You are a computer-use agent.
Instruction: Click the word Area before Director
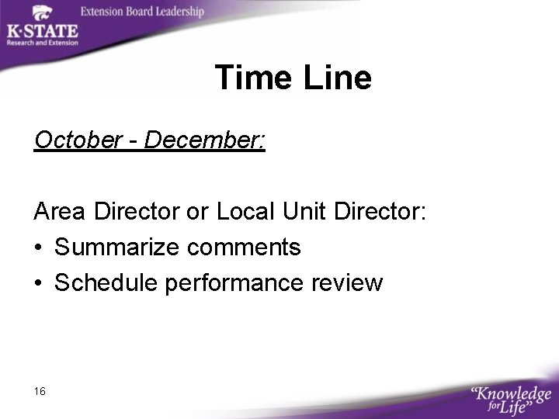60,211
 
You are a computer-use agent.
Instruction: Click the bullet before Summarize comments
39,248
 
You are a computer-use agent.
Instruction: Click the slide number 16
40,391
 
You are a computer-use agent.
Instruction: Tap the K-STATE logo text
42,31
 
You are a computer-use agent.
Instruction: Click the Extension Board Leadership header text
142,12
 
